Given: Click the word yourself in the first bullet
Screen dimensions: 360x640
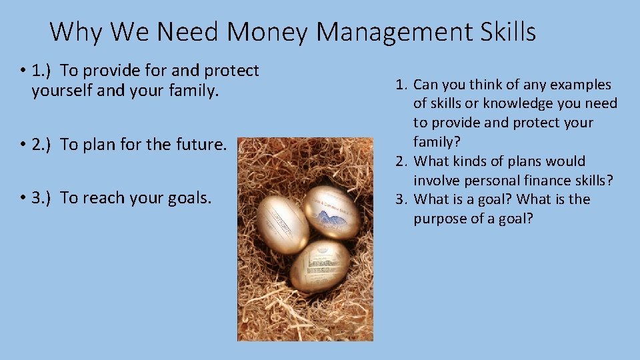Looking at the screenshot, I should pos(61,91).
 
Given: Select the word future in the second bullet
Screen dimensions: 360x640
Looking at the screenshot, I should pos(203,145).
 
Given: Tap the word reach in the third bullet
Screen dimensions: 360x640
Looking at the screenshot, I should pos(99,197).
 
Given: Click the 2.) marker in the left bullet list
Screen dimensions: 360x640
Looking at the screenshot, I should pos(43,145).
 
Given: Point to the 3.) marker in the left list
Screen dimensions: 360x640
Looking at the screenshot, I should pos(43,197).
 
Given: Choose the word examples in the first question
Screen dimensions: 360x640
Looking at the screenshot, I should pos(578,85).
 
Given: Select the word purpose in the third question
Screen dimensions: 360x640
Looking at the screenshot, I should pos(443,219).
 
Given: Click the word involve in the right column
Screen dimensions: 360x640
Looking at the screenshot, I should pos(434,180).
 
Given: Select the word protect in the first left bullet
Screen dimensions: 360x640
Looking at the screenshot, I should pos(231,71).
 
